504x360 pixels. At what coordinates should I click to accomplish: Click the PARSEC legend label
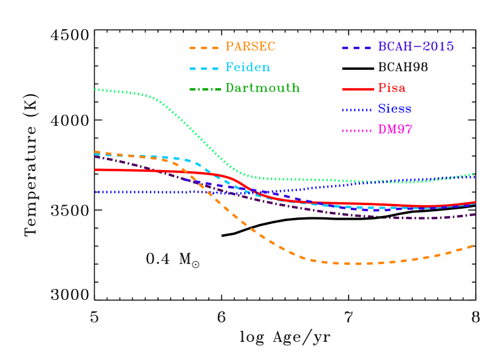pos(250,47)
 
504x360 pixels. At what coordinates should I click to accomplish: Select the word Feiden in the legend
pos(248,67)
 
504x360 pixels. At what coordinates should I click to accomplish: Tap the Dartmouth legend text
pos(262,88)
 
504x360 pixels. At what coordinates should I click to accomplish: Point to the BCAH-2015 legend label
pos(415,47)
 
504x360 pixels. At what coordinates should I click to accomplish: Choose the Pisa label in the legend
pos(392,88)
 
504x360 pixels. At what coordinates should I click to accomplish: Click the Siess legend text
pos(395,109)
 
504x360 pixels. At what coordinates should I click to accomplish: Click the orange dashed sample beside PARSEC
pos(204,47)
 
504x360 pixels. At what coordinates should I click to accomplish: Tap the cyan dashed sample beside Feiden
pos(204,68)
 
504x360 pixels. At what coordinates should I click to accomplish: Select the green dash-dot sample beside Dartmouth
pos(204,89)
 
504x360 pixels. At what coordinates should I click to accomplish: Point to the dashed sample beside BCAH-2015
pos(357,47)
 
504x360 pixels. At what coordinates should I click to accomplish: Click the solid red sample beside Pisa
pos(358,89)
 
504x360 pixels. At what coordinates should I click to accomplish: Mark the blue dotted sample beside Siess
pos(358,110)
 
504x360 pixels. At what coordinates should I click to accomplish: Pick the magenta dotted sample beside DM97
pos(358,131)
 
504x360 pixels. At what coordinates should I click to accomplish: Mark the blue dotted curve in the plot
pos(140,192)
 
